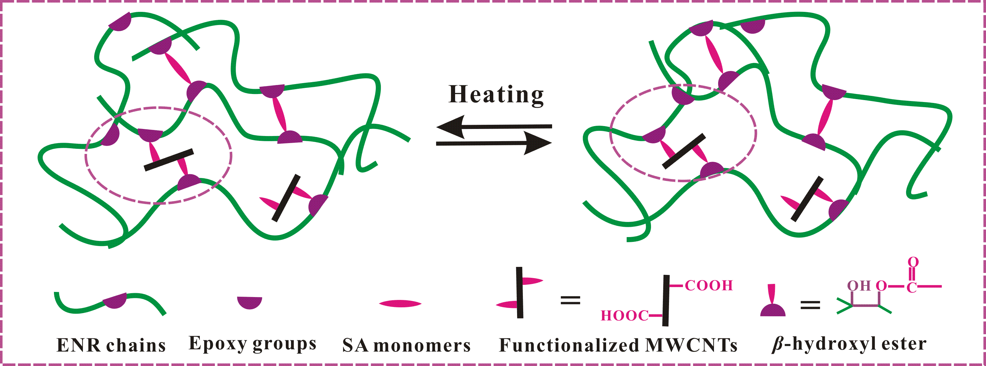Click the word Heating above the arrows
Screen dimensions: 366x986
point(496,94)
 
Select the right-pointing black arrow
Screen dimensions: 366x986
point(494,143)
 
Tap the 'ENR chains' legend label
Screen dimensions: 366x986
point(111,345)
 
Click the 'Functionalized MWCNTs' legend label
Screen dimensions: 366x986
point(618,345)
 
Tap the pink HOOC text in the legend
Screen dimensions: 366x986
point(624,316)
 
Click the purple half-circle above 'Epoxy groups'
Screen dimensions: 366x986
point(250,302)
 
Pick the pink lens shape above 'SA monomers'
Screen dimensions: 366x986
point(400,304)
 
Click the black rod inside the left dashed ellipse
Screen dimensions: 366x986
point(169,160)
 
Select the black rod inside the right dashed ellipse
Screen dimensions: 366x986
point(684,151)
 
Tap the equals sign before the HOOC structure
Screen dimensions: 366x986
point(570,301)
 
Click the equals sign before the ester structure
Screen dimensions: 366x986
point(810,305)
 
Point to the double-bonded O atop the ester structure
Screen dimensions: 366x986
point(913,262)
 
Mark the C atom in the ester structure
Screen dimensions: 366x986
point(912,287)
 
